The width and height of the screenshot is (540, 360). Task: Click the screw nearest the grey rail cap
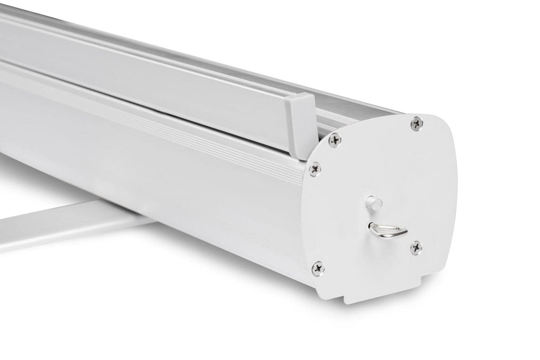point(334,140)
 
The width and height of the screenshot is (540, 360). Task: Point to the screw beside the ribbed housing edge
point(315,168)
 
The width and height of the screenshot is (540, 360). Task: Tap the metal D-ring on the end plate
point(388,230)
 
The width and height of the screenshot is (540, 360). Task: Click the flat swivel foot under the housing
point(63,227)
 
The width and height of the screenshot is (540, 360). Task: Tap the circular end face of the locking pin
point(371,201)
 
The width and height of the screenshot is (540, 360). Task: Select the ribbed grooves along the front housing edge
point(158,105)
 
